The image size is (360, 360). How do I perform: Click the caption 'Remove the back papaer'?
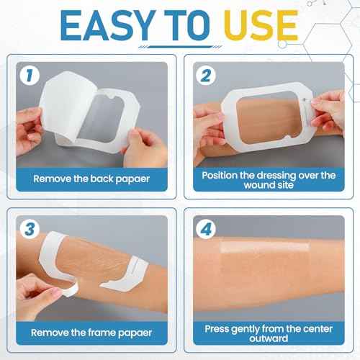[x=91, y=177]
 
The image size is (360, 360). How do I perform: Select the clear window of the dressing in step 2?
[x=266, y=111]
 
